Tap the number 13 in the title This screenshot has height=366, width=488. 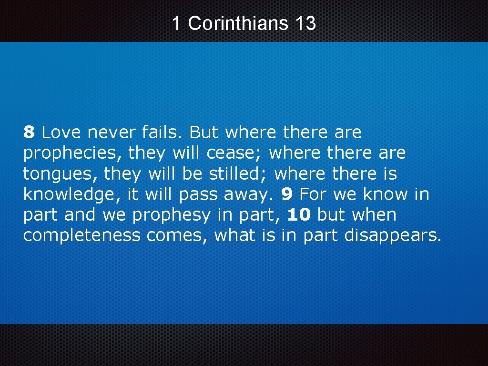[x=305, y=23]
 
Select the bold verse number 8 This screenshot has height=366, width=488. [x=29, y=132]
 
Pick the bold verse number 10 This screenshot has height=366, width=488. [x=299, y=215]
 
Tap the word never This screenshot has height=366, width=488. [x=109, y=132]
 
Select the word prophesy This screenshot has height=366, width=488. [x=171, y=215]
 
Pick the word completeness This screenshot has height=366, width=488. [x=82, y=235]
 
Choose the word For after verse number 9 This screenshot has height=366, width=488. [x=313, y=194]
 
